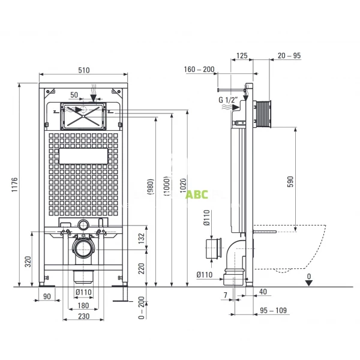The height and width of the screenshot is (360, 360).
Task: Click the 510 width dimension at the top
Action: point(83,70)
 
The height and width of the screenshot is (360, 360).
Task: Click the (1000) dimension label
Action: point(166,188)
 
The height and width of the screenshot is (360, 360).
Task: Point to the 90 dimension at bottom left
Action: point(47,296)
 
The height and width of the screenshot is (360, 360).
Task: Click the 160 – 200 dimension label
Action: point(200,70)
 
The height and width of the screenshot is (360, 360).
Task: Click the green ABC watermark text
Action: point(196,194)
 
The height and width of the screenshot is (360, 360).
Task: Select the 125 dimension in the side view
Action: point(242,56)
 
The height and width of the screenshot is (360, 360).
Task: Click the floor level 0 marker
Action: point(309,277)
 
